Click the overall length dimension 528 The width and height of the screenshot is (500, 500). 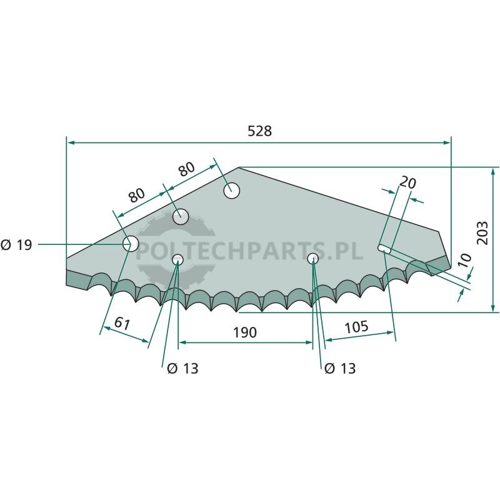(259, 131)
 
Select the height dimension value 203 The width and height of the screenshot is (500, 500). (482, 232)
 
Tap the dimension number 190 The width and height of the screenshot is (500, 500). (245, 332)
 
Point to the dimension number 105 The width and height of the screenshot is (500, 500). (356, 327)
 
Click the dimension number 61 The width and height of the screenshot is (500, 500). (122, 323)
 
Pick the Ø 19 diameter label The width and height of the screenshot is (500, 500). (16, 245)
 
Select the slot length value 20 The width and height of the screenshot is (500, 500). (408, 182)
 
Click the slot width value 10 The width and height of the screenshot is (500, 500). (464, 260)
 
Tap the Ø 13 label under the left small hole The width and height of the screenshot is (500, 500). (182, 369)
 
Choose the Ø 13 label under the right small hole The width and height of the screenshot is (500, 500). (340, 369)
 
